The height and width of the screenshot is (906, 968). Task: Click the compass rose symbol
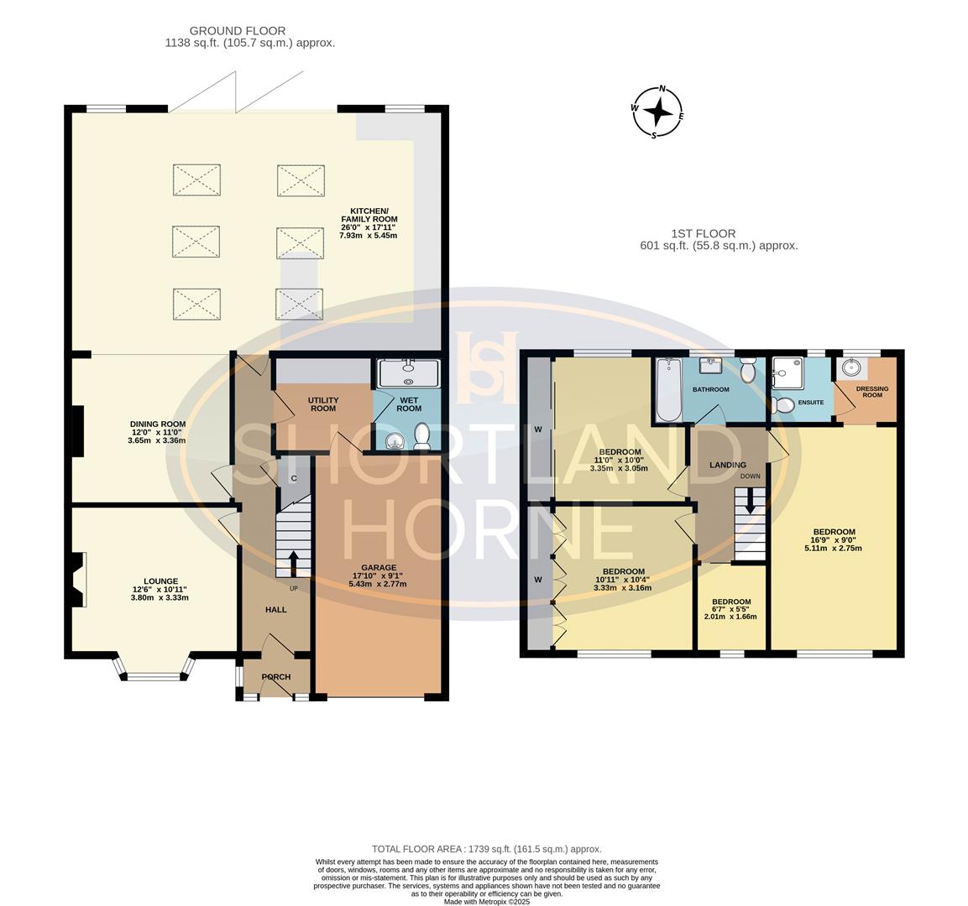pos(657,112)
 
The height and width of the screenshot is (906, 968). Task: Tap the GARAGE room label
pos(379,567)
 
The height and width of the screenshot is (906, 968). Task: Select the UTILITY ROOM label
pos(323,404)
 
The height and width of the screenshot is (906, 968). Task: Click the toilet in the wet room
pos(422,436)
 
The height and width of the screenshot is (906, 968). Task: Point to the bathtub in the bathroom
pos(668,391)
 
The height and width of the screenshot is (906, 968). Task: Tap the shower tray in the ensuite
pos(787,367)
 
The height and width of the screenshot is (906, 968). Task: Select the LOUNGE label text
pos(160,581)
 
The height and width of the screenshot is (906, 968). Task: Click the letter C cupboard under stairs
pos(294,478)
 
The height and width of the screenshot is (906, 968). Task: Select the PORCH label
pos(275,677)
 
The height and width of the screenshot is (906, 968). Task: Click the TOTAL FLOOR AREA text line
pos(486,849)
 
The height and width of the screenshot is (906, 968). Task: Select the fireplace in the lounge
pos(77,579)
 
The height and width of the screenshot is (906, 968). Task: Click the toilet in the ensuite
pos(785,405)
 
